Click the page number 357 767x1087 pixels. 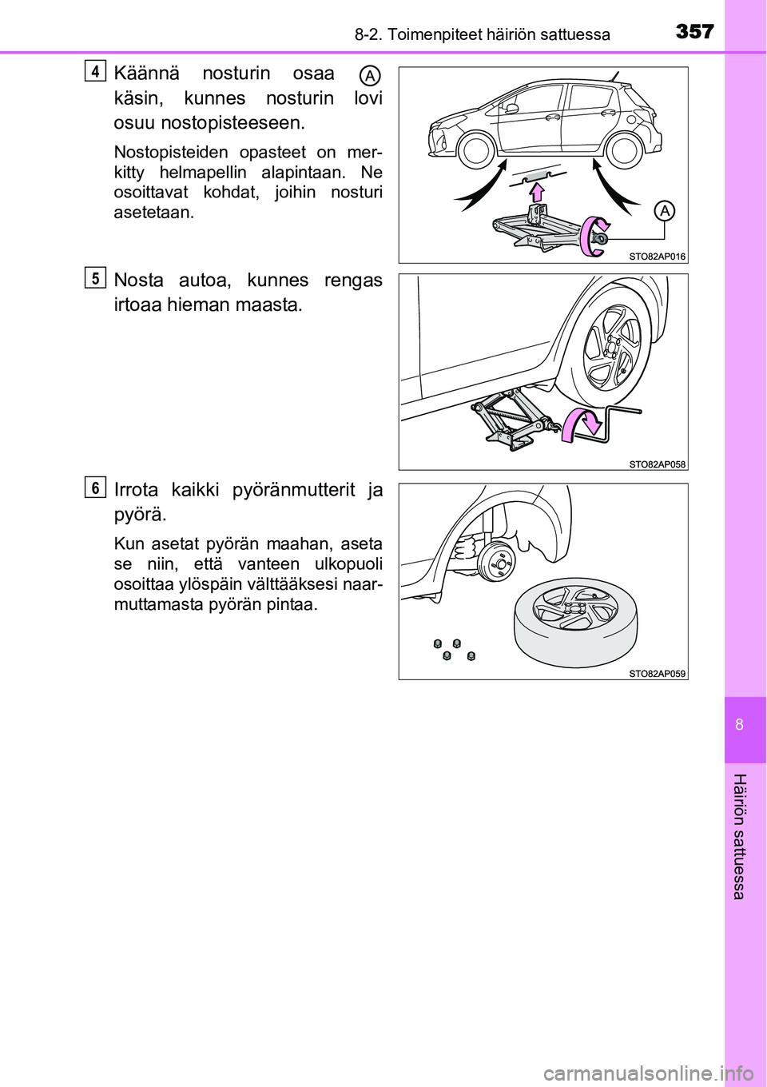click(694, 31)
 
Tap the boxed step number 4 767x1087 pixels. click(95, 71)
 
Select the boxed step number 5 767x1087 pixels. click(95, 278)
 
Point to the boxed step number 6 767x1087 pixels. click(95, 487)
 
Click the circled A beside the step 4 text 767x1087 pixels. click(369, 76)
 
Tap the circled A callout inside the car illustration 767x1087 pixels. click(664, 211)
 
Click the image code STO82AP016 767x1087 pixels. click(657, 257)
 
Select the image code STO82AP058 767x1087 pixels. click(657, 464)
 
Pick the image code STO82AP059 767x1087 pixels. click(657, 674)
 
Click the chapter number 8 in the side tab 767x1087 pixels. click(740, 725)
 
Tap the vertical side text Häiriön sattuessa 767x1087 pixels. click(740, 836)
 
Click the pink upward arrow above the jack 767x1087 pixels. click(537, 192)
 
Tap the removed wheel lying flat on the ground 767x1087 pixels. click(575, 621)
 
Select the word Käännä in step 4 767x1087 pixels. click(147, 74)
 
